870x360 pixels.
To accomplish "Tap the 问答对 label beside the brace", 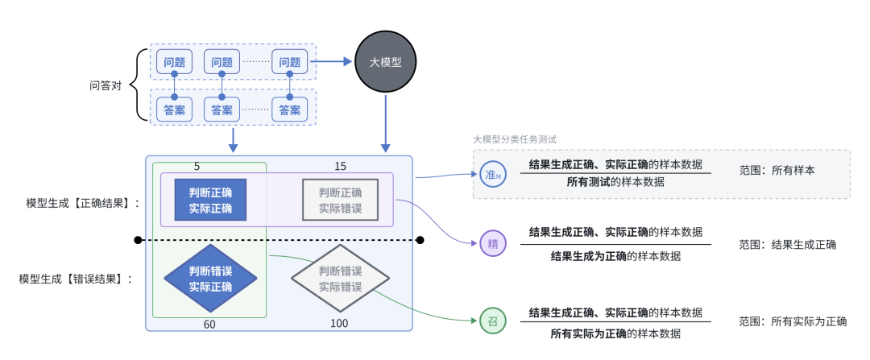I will [106, 85].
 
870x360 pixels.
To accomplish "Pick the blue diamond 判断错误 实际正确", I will [210, 279].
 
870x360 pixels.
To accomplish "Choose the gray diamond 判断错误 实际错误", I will [340, 279].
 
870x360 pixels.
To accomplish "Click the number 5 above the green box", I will [197, 166].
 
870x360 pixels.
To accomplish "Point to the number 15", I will [340, 166].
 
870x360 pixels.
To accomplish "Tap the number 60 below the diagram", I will [209, 323].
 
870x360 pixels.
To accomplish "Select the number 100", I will [340, 323].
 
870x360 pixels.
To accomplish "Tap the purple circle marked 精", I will [492, 243].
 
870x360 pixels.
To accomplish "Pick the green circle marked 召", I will [492, 321].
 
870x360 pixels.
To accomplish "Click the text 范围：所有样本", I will [777, 171].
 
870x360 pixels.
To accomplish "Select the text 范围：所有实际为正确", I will [793, 321].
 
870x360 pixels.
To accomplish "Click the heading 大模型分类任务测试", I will [515, 139].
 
